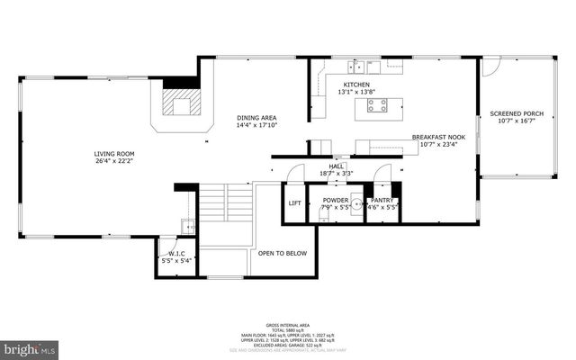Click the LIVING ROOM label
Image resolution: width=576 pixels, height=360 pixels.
115,154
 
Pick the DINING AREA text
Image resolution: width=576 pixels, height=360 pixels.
256,118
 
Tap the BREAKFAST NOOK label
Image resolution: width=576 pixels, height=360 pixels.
436,137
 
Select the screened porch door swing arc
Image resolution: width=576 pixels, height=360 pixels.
490,67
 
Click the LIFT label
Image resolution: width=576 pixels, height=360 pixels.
294,202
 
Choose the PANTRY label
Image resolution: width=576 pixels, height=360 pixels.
382,199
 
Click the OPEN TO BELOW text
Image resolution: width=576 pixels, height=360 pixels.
283,253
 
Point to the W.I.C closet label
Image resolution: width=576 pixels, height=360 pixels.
176,254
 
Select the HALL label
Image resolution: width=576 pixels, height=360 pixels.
337,166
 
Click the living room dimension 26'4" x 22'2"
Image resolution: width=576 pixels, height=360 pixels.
115,162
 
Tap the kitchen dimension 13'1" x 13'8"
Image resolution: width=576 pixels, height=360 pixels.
356,93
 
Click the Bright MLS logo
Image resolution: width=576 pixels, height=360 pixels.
29,346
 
